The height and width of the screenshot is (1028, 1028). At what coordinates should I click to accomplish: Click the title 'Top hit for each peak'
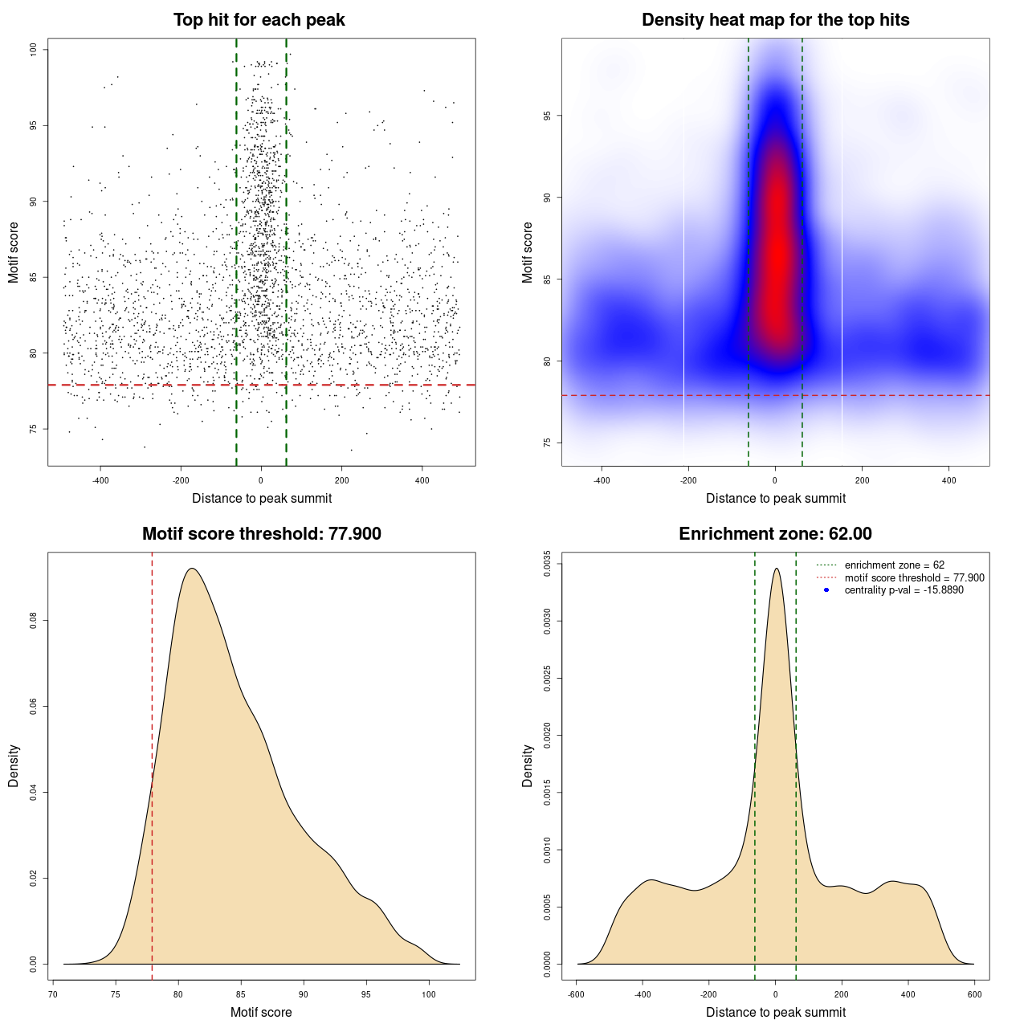259,20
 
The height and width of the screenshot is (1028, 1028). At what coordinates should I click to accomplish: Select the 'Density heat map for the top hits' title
775,20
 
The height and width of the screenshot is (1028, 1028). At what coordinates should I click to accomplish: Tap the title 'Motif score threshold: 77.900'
261,534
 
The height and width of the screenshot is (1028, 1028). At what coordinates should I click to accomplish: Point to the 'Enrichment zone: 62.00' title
775,534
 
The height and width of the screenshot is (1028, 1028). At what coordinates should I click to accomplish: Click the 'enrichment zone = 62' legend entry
894,565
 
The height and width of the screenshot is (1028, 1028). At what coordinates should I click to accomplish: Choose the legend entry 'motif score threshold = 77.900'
914,577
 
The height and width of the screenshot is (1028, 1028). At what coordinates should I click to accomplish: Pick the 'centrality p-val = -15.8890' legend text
904,590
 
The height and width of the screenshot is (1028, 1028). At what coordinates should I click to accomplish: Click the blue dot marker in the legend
826,590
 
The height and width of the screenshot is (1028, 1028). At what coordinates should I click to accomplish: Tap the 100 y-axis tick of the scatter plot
34,50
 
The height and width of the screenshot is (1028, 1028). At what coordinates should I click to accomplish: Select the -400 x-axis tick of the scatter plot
100,480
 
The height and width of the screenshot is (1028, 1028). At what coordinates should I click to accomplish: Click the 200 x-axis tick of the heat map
862,480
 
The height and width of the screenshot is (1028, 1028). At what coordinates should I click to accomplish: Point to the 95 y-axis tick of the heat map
548,116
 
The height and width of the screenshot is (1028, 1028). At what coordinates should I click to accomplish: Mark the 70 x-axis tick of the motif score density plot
53,994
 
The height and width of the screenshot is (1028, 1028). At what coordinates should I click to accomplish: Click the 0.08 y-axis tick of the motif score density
34,621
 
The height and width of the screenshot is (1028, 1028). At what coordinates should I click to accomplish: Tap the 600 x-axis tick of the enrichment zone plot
974,994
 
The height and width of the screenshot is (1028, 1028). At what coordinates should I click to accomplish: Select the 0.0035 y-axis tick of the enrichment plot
548,564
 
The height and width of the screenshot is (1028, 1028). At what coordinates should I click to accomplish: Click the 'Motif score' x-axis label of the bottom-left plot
261,1012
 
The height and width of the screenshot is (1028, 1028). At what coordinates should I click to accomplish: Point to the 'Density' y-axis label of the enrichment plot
528,765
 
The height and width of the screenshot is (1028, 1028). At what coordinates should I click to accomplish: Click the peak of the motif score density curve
191,569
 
